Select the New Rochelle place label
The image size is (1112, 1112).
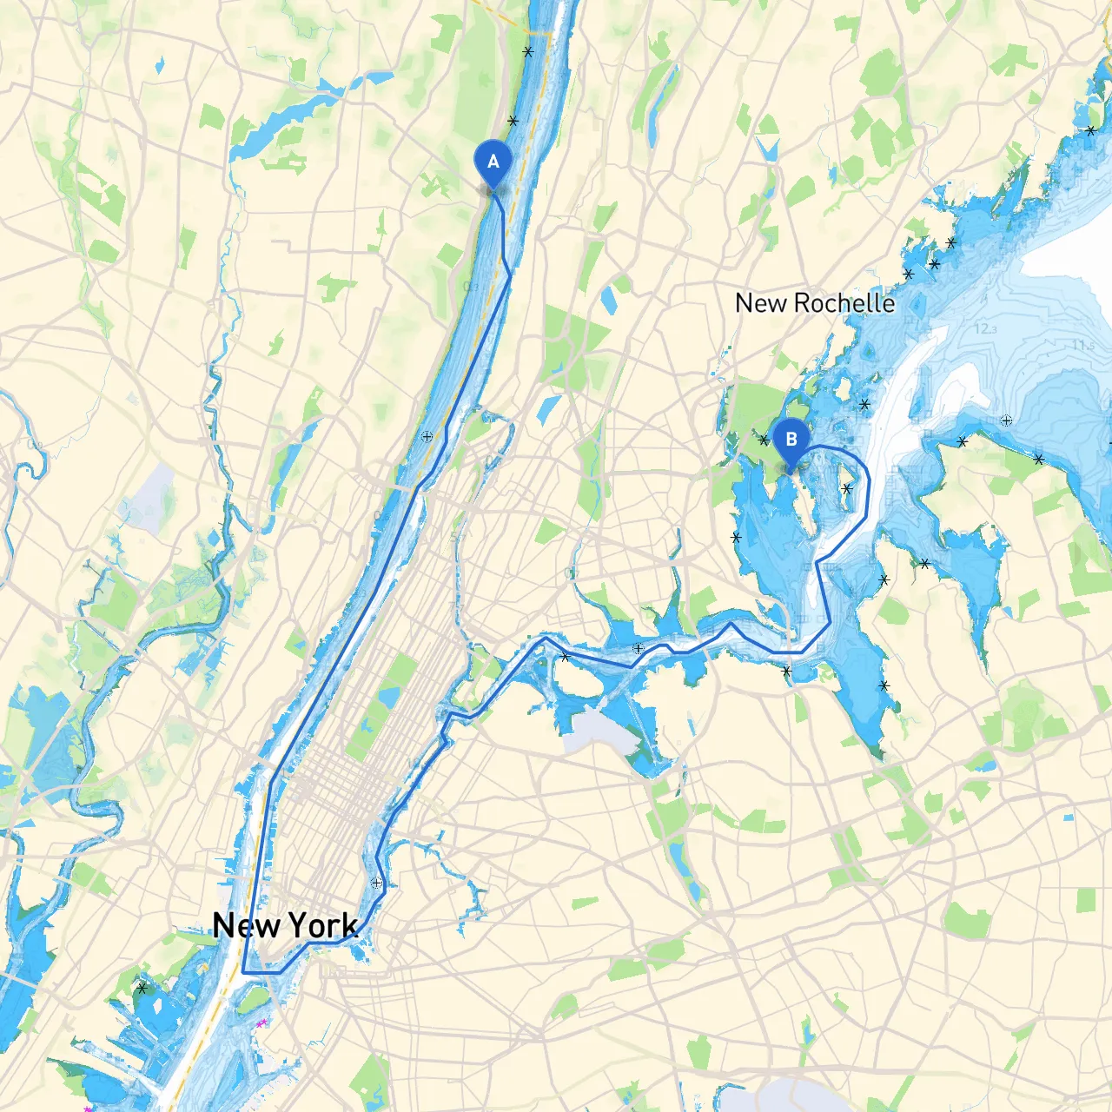tap(814, 303)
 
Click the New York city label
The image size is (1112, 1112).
tap(285, 926)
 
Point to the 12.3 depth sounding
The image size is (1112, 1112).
tap(984, 328)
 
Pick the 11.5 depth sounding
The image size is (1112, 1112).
tap(1082, 345)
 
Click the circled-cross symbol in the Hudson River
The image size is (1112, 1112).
tap(427, 437)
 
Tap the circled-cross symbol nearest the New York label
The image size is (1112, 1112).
tap(376, 883)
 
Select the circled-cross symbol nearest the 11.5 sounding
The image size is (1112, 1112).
tap(1006, 420)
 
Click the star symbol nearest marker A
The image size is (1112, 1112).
tap(513, 121)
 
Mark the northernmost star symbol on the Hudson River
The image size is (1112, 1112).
tap(527, 52)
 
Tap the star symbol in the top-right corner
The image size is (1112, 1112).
tap(1091, 130)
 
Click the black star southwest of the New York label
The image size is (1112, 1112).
tap(142, 988)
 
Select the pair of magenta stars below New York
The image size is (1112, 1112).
tap(260, 1023)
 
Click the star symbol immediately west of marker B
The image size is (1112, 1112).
tap(764, 440)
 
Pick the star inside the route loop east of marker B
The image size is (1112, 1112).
tap(847, 488)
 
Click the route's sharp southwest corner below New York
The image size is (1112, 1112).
tap(243, 972)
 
